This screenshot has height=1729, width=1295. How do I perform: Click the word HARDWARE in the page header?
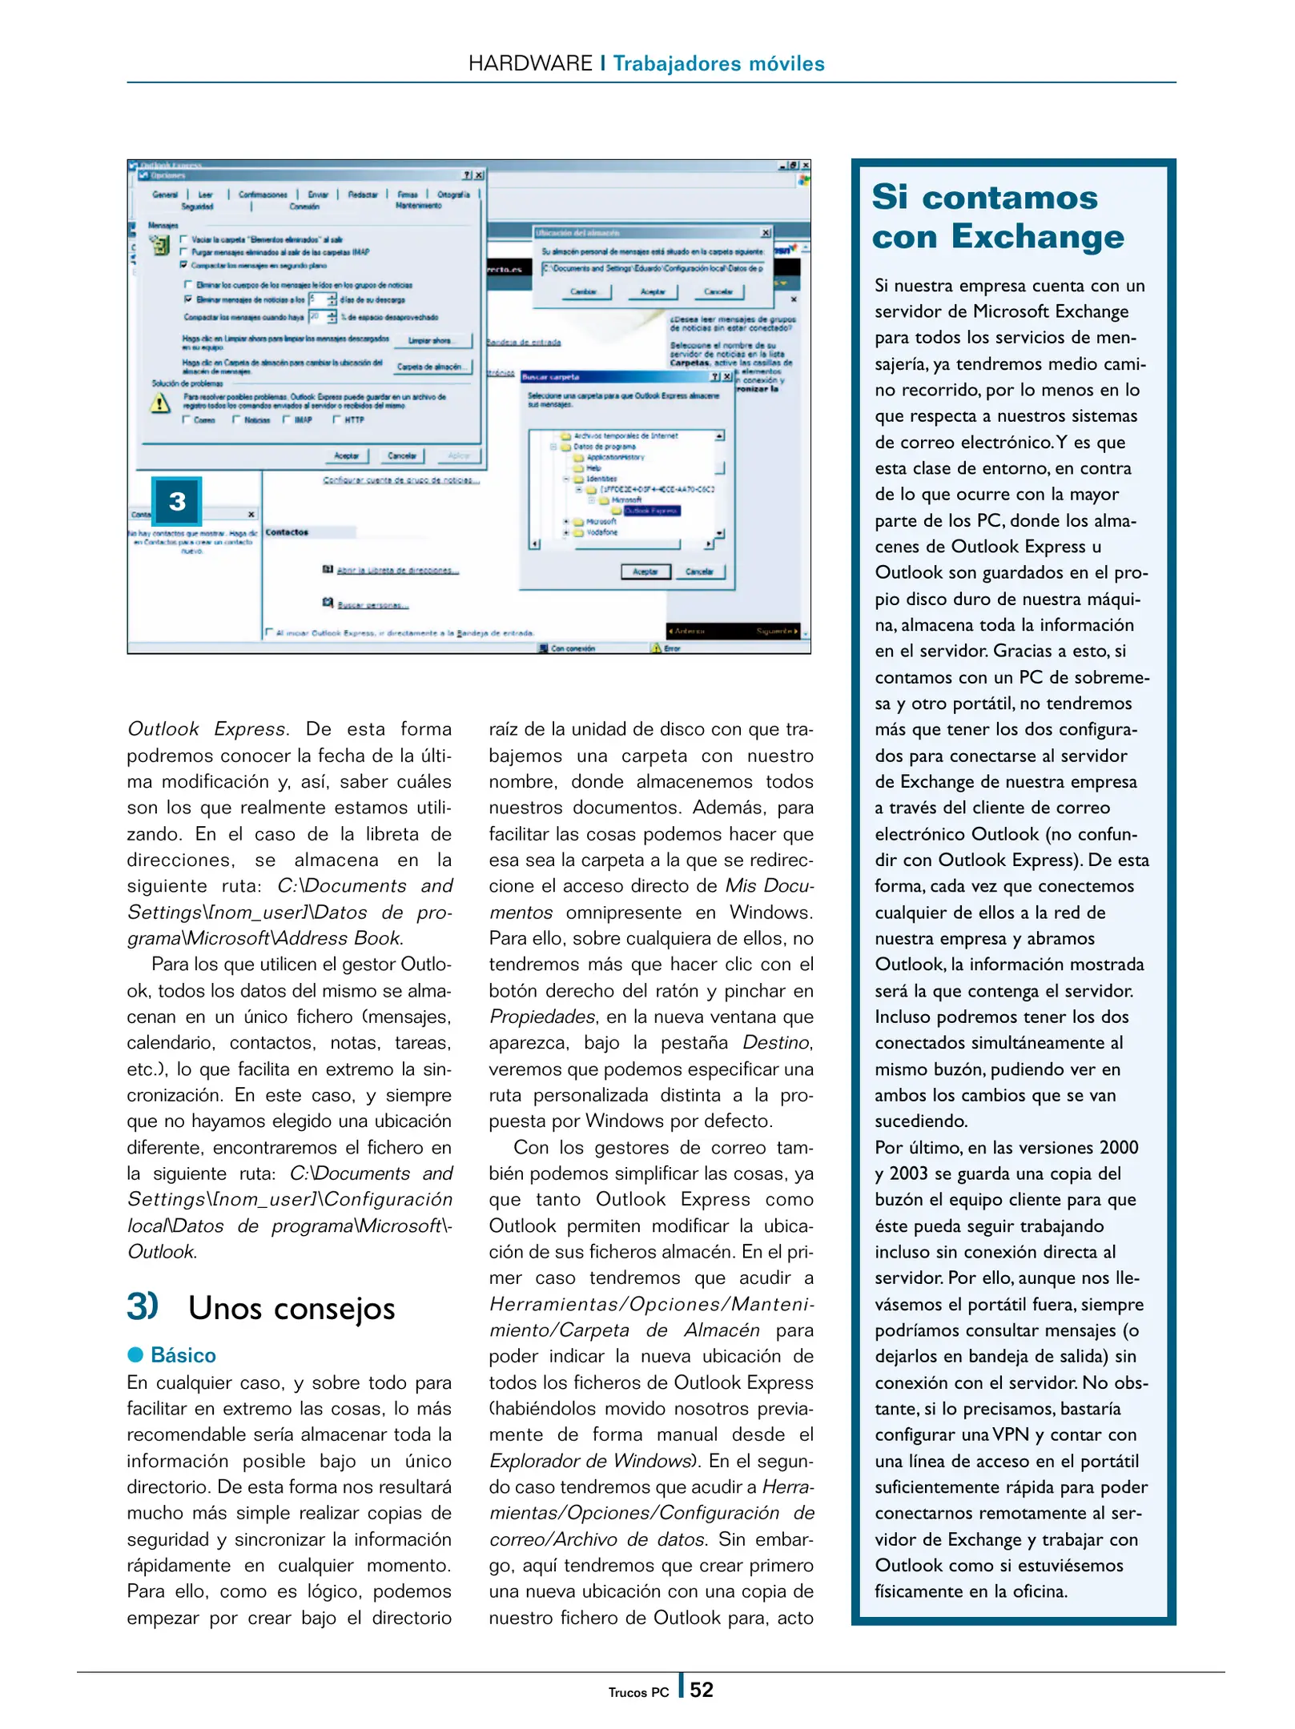point(529,63)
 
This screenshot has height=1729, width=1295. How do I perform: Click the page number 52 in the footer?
point(701,1690)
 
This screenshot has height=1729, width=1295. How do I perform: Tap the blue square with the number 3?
point(176,501)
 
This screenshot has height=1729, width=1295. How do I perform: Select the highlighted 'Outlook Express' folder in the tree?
point(651,511)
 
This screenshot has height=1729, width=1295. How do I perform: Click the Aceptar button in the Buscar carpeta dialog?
point(645,572)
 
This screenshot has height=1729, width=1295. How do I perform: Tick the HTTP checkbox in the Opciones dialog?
point(338,419)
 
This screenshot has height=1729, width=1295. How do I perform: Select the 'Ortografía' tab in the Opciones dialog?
point(453,195)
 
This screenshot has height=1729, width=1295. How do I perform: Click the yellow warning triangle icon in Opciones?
point(160,403)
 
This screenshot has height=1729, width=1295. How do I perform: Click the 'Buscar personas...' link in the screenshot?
point(372,605)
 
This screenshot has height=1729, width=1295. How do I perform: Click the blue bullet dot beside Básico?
point(135,1354)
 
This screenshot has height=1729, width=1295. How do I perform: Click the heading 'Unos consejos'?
point(292,1309)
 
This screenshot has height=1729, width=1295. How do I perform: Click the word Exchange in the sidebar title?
point(1037,237)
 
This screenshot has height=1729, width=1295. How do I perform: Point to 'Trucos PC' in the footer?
point(637,1692)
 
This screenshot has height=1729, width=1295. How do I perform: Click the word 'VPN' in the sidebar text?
point(1010,1434)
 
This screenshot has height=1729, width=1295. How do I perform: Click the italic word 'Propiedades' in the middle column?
point(542,1017)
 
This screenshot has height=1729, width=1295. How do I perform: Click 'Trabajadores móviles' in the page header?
point(718,63)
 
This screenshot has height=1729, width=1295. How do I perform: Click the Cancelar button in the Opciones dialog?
point(401,455)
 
